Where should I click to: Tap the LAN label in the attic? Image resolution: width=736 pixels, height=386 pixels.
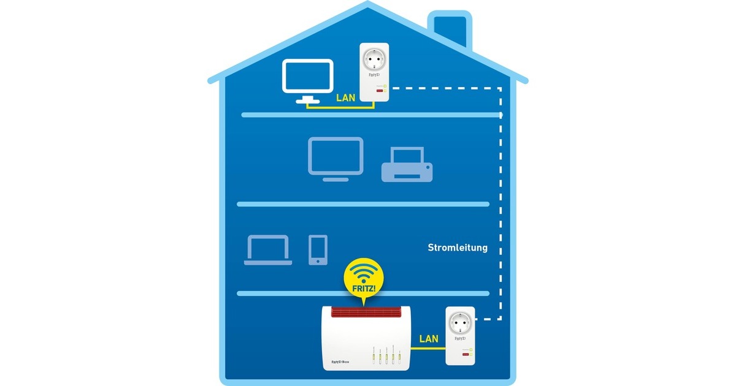click(346, 97)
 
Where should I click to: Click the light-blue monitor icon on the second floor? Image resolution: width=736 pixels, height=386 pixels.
click(335, 156)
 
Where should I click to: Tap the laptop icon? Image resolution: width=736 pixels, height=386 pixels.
click(267, 249)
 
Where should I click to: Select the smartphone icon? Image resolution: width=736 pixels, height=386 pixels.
click(318, 249)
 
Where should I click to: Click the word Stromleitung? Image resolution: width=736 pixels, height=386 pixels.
click(458, 248)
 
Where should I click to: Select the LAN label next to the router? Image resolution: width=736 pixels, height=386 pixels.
click(429, 338)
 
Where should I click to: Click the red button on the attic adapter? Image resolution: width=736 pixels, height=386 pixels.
click(380, 91)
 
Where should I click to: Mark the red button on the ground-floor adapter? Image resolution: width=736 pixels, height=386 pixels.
click(464, 356)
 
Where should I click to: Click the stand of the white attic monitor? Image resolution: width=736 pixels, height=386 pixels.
click(307, 99)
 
